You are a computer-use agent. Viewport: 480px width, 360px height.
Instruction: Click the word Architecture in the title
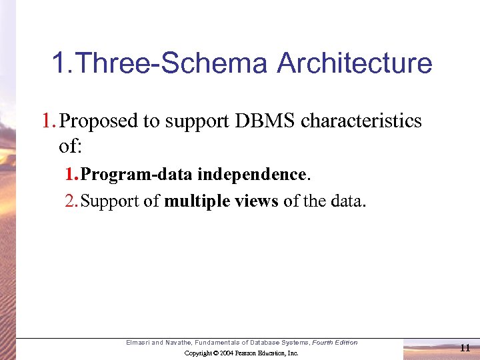click(x=354, y=64)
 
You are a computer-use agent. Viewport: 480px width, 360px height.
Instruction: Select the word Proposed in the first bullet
click(x=97, y=121)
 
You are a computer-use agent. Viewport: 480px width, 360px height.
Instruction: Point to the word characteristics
click(x=361, y=121)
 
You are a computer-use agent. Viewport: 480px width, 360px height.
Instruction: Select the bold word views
click(x=256, y=201)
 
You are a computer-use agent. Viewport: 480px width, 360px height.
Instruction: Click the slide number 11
click(x=465, y=347)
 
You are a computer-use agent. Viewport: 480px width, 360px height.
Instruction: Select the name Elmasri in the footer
click(x=138, y=343)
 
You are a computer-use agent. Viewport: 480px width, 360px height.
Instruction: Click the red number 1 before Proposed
click(x=47, y=121)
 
